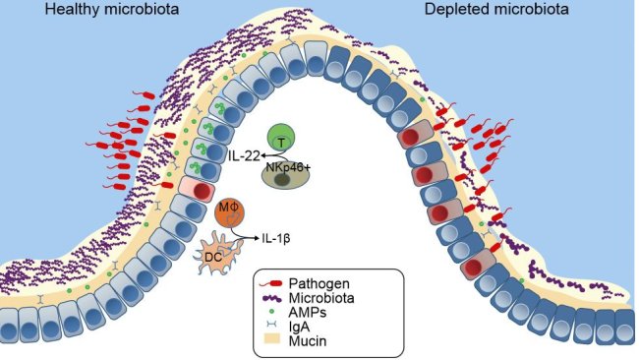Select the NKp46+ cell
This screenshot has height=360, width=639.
(x=285, y=174)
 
